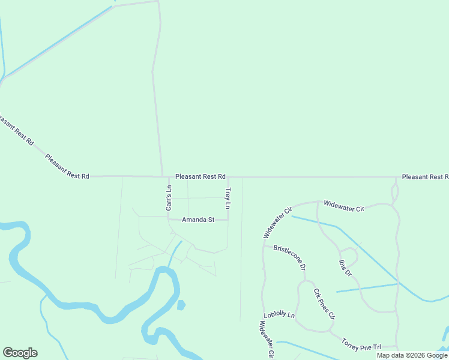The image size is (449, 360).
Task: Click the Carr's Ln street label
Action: tap(169, 197)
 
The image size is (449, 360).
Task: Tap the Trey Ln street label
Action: tap(228, 199)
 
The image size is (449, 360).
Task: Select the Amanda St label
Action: tap(198, 220)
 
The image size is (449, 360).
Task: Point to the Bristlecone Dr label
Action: tap(290, 257)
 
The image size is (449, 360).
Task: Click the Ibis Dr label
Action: tap(345, 265)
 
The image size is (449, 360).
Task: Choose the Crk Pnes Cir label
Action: tap(324, 304)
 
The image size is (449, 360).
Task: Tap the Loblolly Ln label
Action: tap(279, 315)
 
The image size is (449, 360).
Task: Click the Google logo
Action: tap(20, 353)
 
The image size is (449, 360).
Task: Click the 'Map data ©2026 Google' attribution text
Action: tap(412, 355)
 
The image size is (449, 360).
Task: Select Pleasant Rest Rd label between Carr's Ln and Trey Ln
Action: tap(200, 177)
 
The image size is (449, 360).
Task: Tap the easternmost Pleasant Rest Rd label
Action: tap(425, 177)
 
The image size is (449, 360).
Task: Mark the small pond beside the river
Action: tap(181, 305)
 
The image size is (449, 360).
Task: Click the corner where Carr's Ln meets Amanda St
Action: tap(169, 219)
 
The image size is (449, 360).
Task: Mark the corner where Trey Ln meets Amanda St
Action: tap(228, 220)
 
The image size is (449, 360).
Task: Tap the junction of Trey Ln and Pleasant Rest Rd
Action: tap(228, 178)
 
